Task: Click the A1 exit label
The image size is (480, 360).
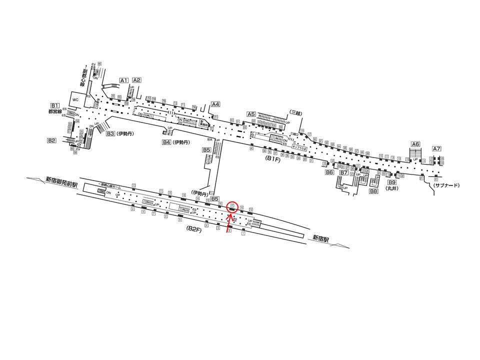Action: [124, 80]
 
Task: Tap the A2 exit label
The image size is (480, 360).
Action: [136, 80]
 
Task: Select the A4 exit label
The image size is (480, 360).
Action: [215, 104]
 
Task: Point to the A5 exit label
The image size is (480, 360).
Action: [252, 114]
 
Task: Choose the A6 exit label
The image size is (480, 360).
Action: [415, 144]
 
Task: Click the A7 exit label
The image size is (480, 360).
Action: [436, 148]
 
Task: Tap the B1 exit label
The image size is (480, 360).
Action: [55, 105]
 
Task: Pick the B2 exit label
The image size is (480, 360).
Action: [51, 140]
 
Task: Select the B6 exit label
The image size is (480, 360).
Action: [329, 172]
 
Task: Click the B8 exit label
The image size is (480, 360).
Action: [373, 191]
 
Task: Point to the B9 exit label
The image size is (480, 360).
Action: [392, 182]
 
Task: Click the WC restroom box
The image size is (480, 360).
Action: [76, 99]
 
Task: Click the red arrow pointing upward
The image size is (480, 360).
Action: [230, 223]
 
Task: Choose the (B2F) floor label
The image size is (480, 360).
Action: [194, 228]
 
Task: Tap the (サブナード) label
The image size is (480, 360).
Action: [446, 185]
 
